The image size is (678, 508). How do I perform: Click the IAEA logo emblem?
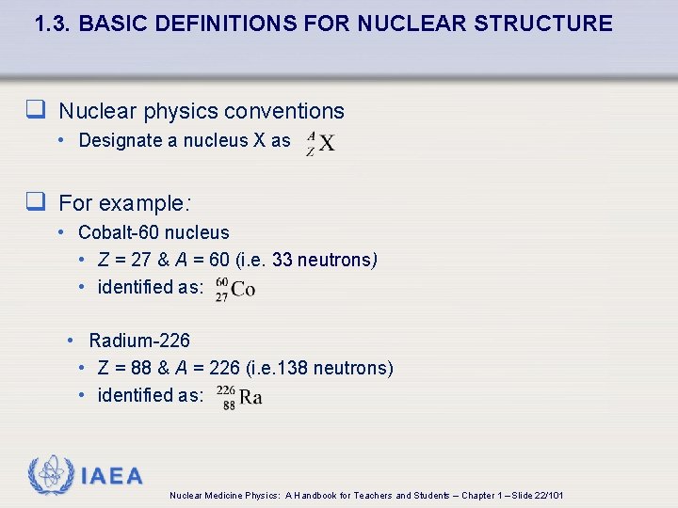[x=50, y=475]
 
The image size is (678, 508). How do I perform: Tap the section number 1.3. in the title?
[x=54, y=24]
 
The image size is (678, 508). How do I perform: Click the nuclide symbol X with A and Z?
[x=321, y=143]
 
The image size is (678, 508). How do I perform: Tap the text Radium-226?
[x=139, y=341]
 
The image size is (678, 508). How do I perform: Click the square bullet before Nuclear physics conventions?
[x=37, y=111]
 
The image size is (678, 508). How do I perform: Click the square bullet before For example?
[x=37, y=202]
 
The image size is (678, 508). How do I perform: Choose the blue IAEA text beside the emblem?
[x=112, y=476]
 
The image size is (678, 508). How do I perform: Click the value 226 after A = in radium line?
[x=223, y=368]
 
